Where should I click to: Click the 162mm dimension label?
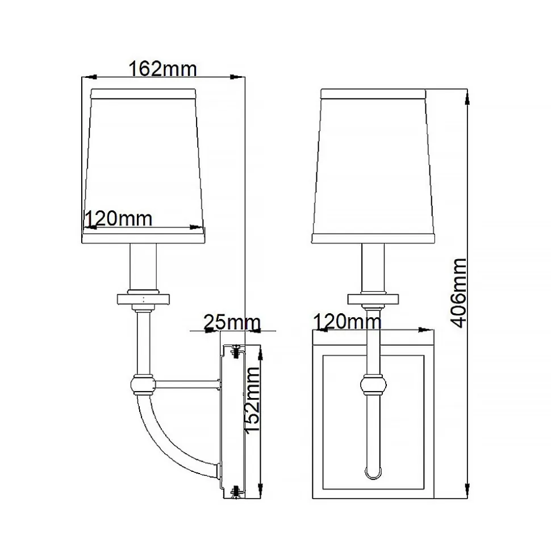[x=162, y=69]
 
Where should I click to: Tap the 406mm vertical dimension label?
[x=458, y=293]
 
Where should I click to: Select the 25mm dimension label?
[x=232, y=322]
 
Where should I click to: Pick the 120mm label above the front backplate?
[x=347, y=321]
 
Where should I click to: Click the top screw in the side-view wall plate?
[x=235, y=351]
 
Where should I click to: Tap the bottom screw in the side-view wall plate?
[x=235, y=491]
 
